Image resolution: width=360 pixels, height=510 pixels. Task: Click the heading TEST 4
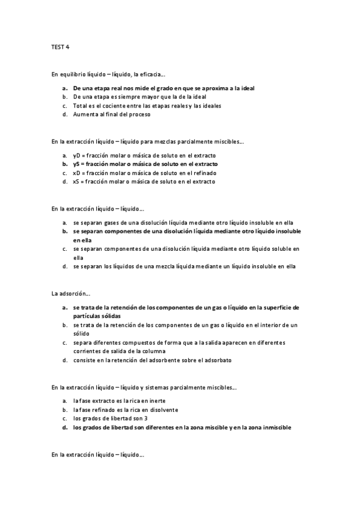[x=61, y=46]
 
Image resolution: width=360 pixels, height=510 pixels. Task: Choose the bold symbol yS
[x=77, y=164]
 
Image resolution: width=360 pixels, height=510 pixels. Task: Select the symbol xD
[x=77, y=173]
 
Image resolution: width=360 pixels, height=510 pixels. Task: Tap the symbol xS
[x=77, y=181]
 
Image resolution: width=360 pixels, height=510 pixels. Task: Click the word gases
[x=109, y=222]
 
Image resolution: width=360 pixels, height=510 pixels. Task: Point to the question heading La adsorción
[x=71, y=293]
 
